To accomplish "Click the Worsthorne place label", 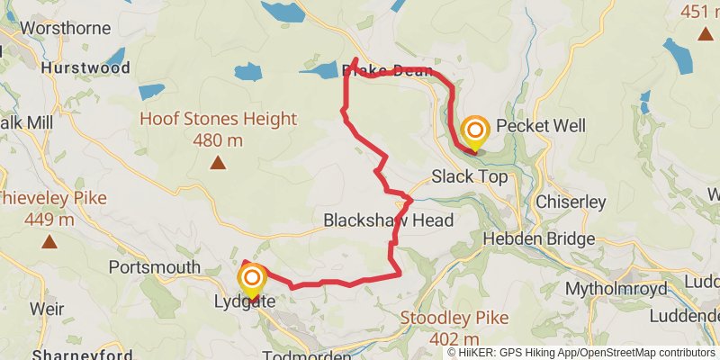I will click(60, 28).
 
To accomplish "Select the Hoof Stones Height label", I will click(218, 119).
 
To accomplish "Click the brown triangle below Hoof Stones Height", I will click(218, 163).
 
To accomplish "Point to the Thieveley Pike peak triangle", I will click(49, 241).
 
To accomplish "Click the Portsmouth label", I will click(153, 267).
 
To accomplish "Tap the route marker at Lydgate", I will click(252, 279).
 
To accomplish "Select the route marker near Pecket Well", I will click(473, 131).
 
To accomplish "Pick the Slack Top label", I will click(470, 176).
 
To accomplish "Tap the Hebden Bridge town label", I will click(539, 239).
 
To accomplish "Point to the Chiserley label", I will click(571, 202).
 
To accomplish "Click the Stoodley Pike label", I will click(454, 318).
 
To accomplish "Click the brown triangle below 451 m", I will click(704, 35).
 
